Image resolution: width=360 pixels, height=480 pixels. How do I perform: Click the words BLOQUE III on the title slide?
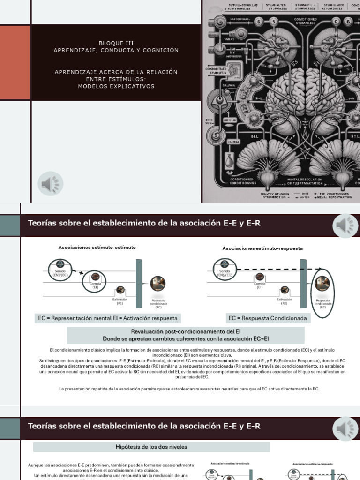click(x=116, y=43)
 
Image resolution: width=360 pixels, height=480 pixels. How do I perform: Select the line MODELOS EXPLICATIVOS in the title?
click(x=116, y=86)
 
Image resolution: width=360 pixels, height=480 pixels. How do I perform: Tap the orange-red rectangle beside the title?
click(x=15, y=62)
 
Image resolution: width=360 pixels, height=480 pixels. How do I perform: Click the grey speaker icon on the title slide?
click(x=51, y=184)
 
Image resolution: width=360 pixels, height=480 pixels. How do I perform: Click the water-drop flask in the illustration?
click(x=229, y=162)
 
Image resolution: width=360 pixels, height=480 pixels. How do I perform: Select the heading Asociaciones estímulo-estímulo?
click(x=97, y=247)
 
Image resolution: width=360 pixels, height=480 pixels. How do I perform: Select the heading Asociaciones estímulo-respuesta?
click(x=262, y=248)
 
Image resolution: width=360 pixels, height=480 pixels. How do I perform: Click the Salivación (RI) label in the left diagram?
click(x=120, y=301)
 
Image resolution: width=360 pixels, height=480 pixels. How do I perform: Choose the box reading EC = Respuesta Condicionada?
click(x=268, y=318)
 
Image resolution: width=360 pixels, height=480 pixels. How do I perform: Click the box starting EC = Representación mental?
click(x=108, y=318)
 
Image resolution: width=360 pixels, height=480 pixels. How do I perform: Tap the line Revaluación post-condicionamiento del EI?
click(x=186, y=331)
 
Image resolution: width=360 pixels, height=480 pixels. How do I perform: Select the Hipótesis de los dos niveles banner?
click(x=151, y=447)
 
